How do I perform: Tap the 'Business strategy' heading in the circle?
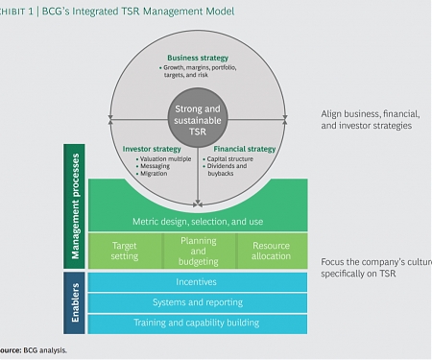[x=197, y=59]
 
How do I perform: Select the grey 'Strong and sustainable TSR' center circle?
[x=197, y=120]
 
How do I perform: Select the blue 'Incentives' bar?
[x=197, y=283]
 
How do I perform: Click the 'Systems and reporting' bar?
[x=197, y=303]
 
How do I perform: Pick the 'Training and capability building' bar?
[x=197, y=323]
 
